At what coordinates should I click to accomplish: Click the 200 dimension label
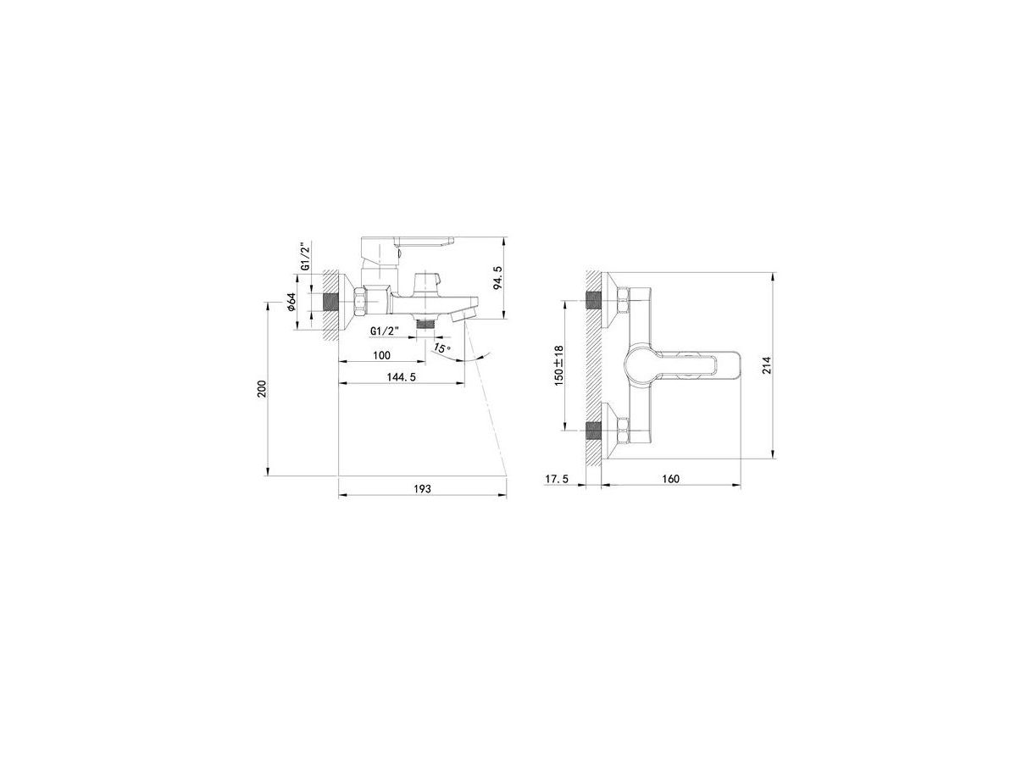point(262,388)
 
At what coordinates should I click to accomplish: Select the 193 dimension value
point(422,488)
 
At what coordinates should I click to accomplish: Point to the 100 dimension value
point(382,354)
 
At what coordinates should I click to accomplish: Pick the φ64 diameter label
point(291,302)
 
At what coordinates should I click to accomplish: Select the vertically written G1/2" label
point(305,257)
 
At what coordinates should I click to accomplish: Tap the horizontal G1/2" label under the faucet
point(385,331)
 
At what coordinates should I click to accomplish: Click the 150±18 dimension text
point(559,365)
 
